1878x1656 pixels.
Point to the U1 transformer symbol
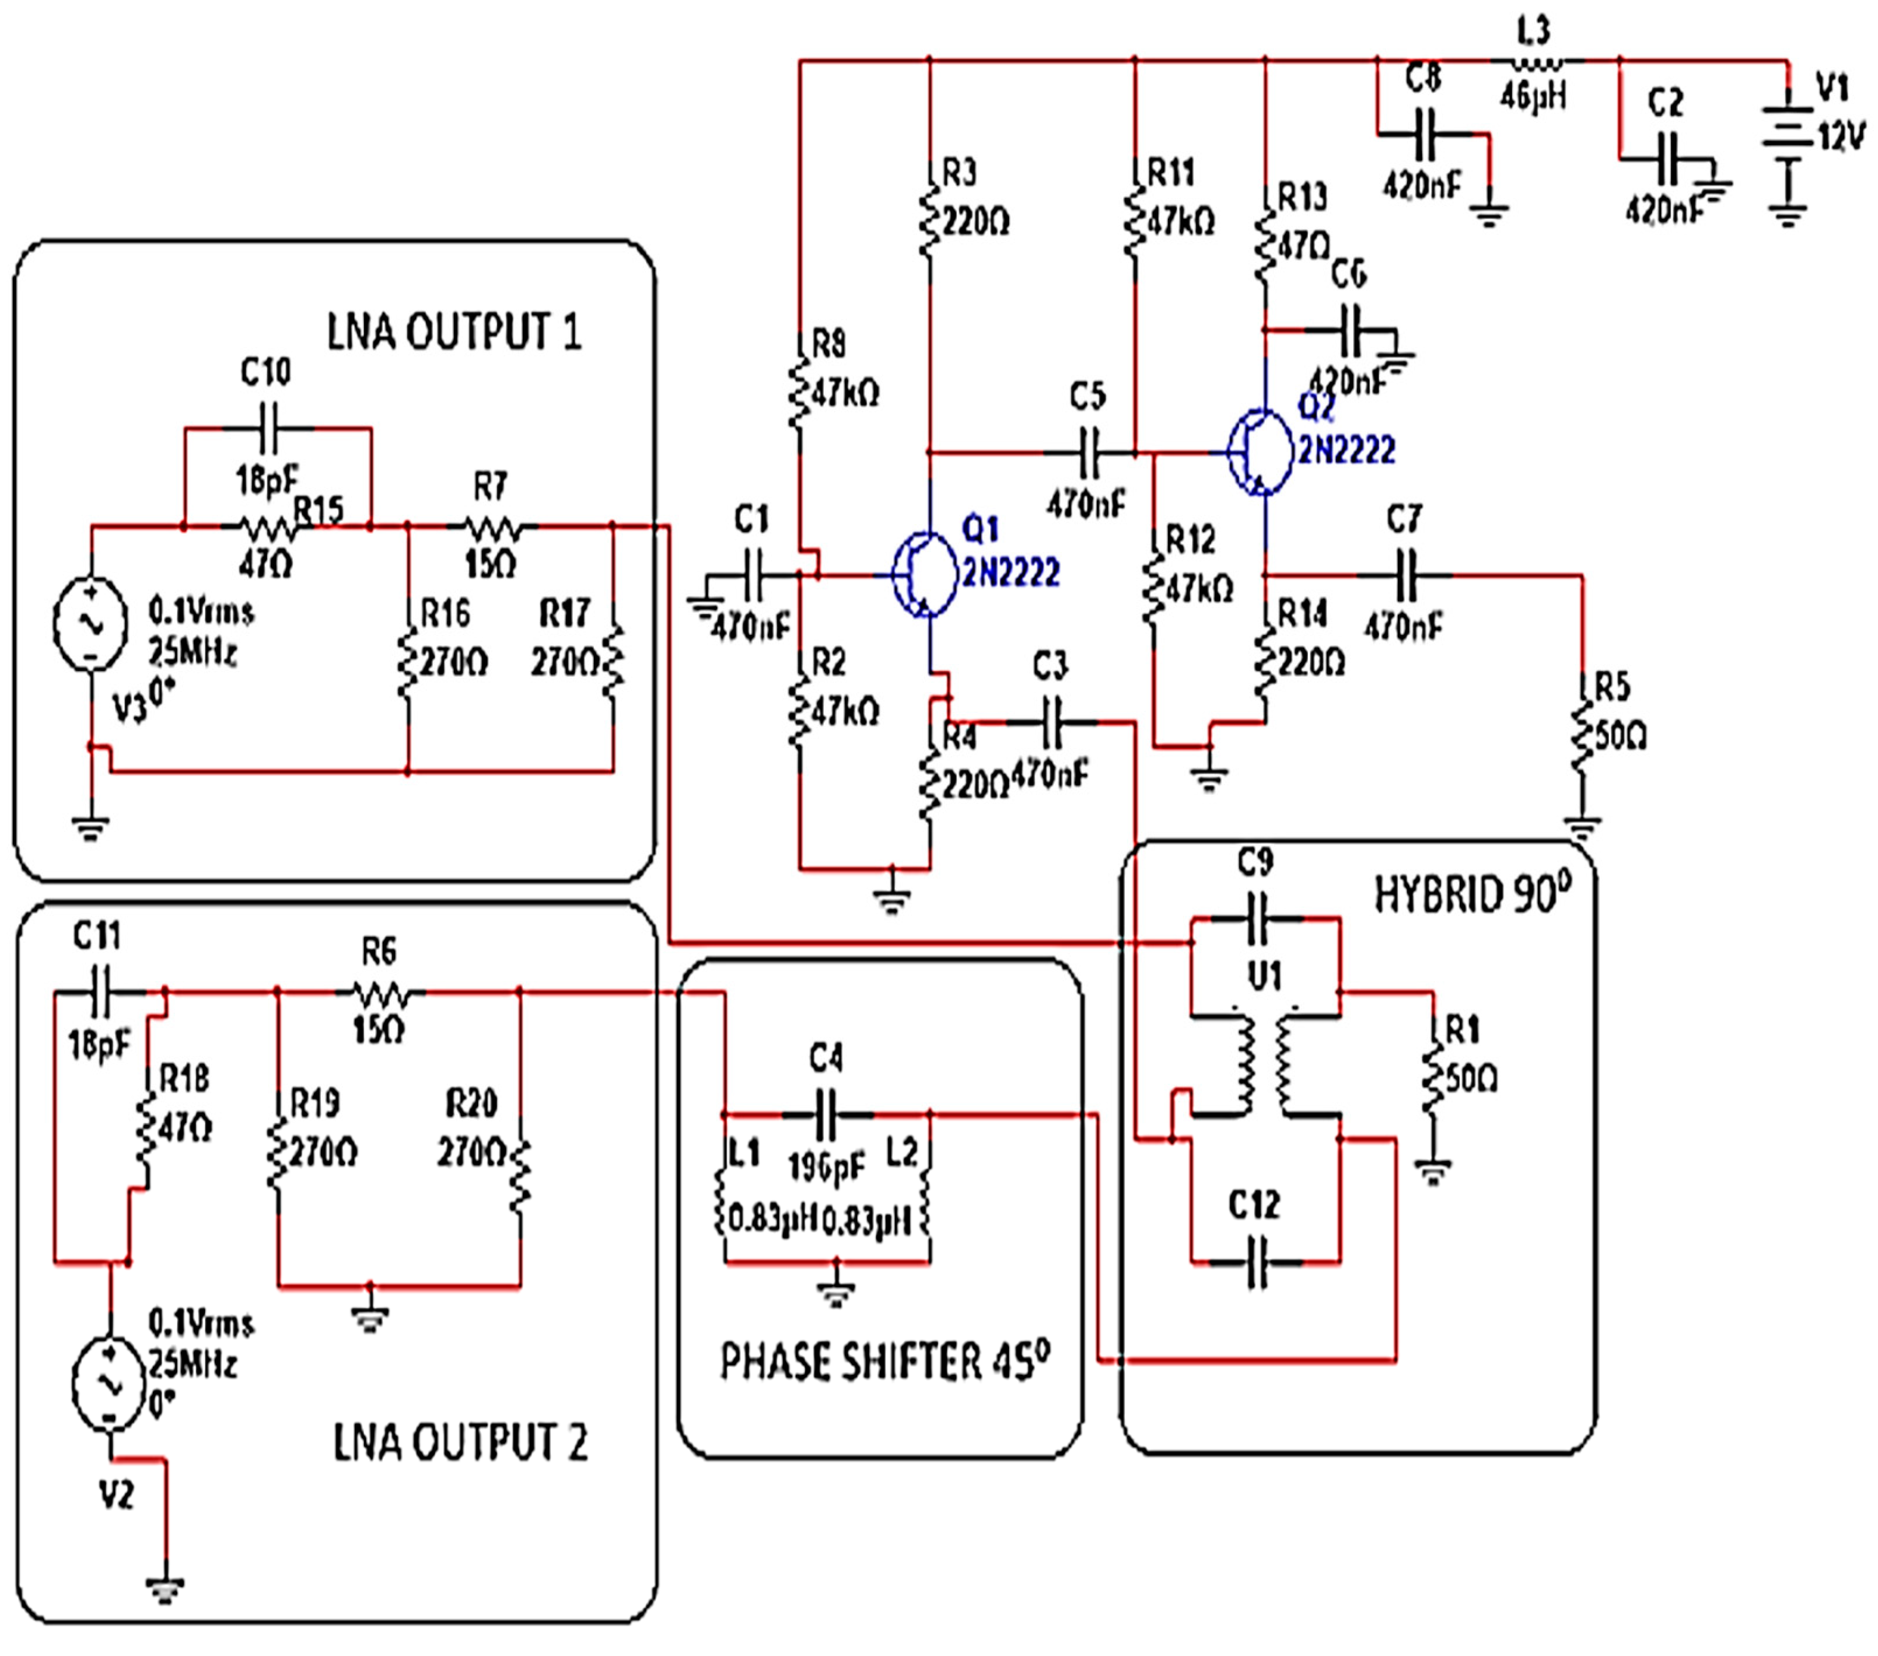(x=1264, y=1066)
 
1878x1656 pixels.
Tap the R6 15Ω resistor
(x=379, y=993)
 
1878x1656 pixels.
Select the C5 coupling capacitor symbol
(x=1088, y=453)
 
